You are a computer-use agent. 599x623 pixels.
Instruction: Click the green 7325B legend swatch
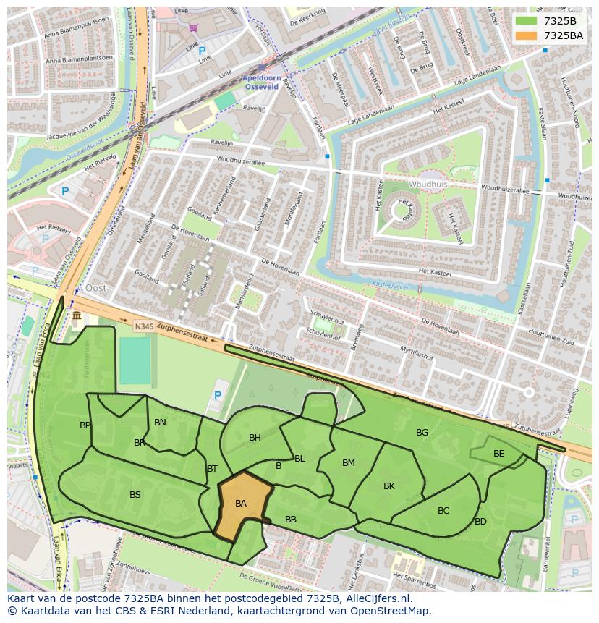[x=527, y=21]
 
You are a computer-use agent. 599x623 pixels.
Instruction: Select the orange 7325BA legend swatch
[x=527, y=35]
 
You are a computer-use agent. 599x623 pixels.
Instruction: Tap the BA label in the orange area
[x=241, y=504]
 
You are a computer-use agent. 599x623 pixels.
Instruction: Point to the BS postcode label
[x=135, y=495]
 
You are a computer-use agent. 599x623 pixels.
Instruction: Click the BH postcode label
[x=255, y=438]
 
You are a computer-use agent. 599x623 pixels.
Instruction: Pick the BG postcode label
[x=422, y=433]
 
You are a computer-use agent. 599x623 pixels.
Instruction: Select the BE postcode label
[x=498, y=454]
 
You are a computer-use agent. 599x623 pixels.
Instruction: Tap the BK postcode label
[x=389, y=486]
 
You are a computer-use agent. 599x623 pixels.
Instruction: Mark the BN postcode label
[x=160, y=423]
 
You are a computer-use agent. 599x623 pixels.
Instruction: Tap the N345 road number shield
[x=143, y=327]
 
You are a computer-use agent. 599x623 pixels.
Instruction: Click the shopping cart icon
[x=193, y=28]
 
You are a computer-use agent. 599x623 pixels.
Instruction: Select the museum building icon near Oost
[x=77, y=316]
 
